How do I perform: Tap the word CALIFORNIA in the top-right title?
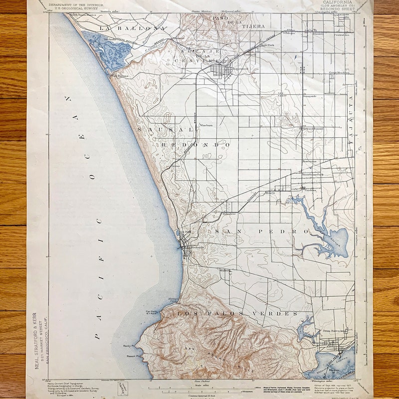[339, 2]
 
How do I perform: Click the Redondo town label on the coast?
[198, 247]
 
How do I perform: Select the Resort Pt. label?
[133, 357]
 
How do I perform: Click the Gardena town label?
[311, 190]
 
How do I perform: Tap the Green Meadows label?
[338, 73]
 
